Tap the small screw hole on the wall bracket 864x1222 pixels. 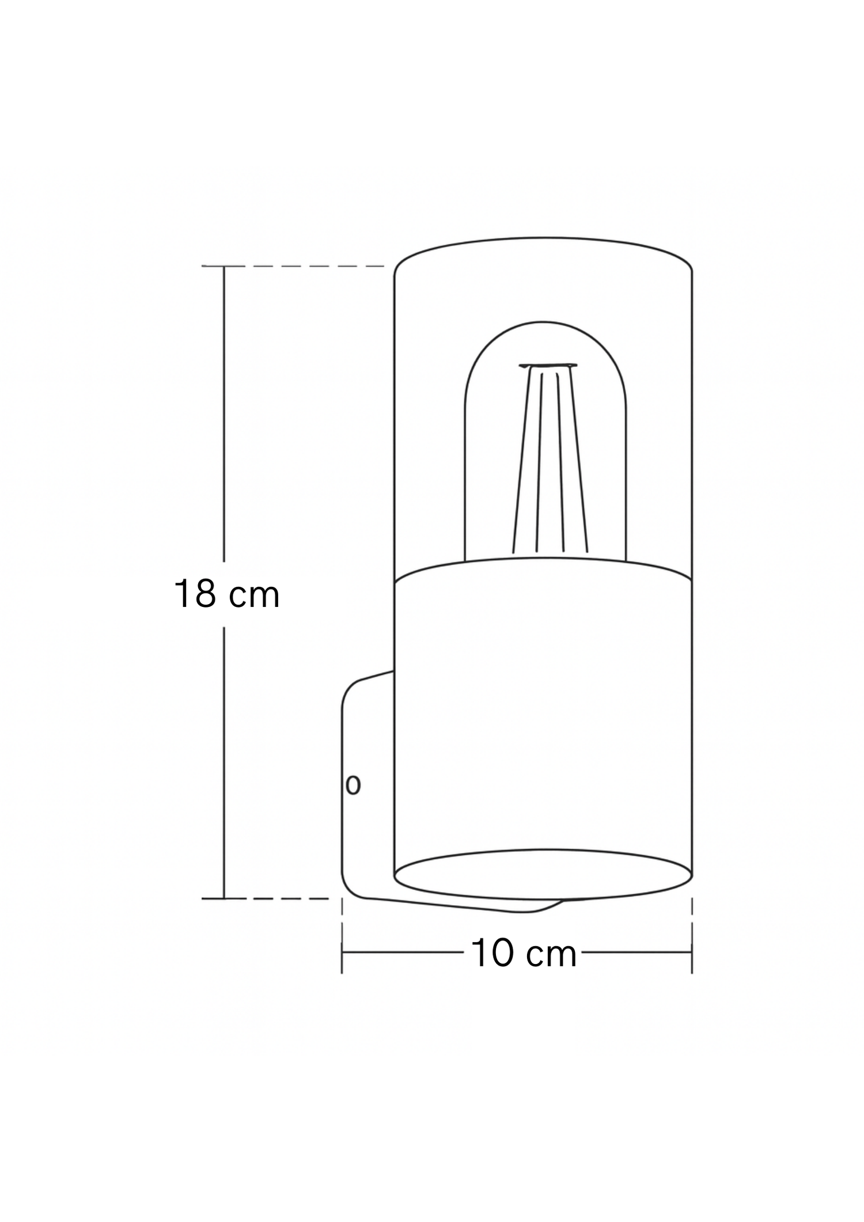tap(353, 785)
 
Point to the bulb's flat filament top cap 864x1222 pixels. tap(548, 365)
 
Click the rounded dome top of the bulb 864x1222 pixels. tap(544, 322)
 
